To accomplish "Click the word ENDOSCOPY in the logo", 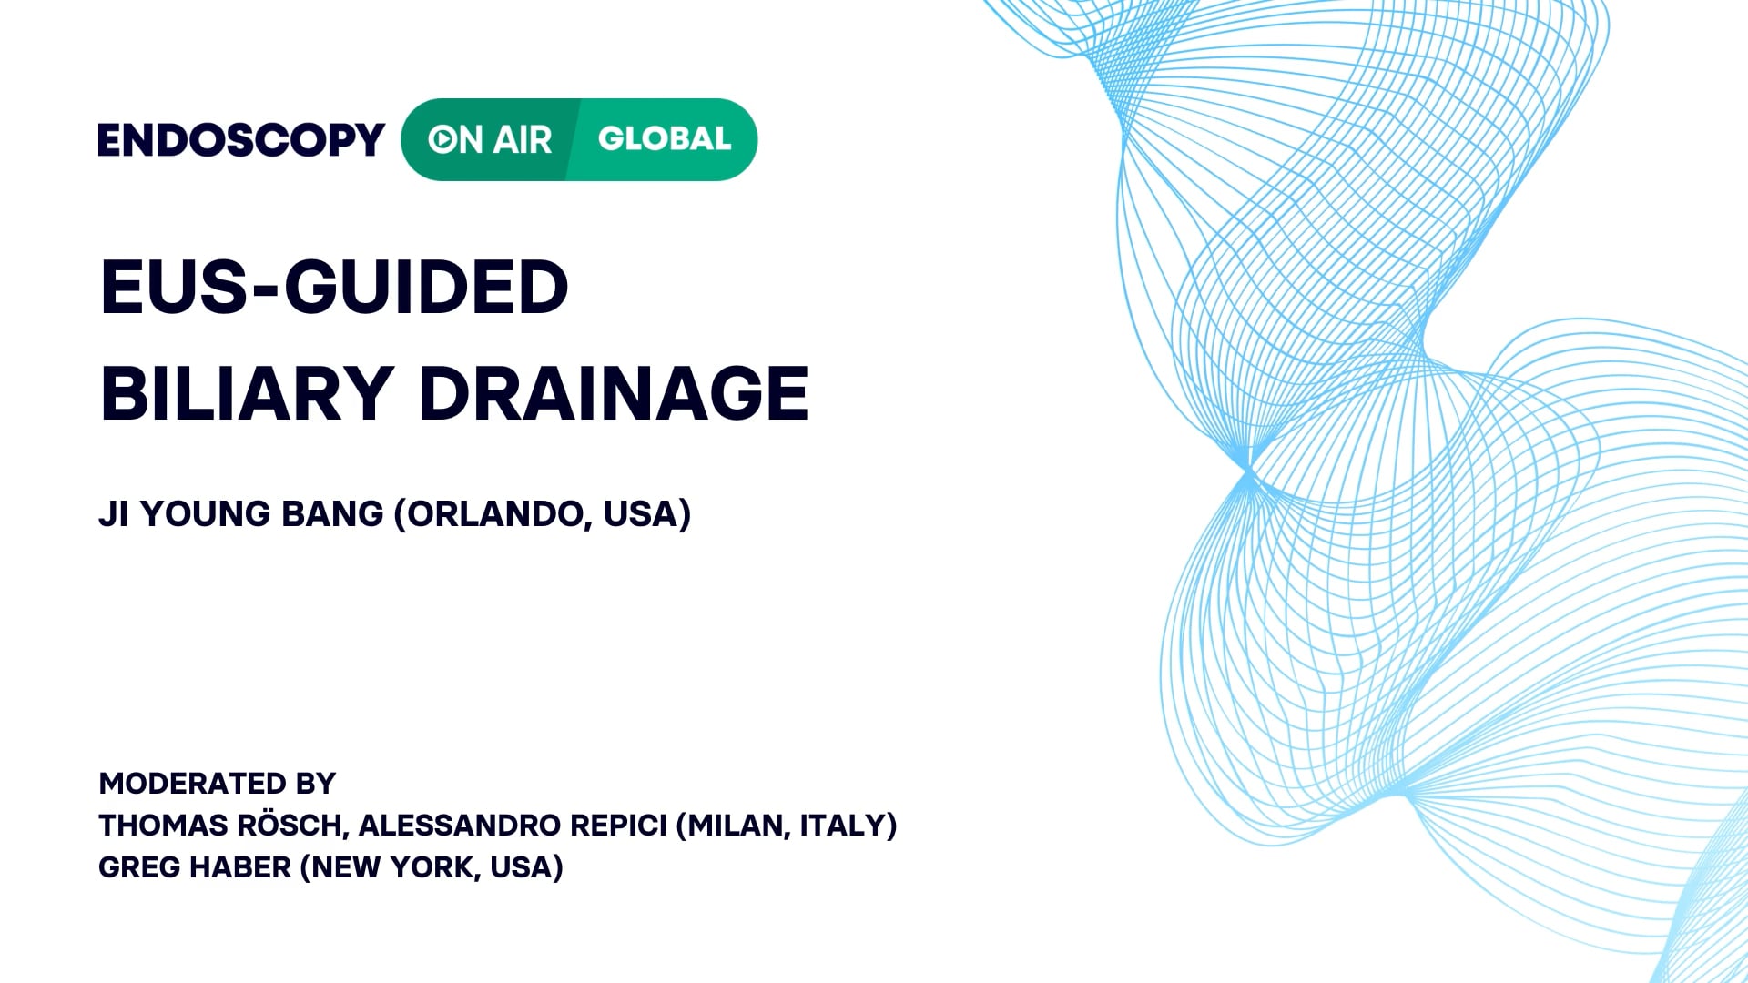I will [x=241, y=140].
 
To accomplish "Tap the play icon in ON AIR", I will [x=442, y=139].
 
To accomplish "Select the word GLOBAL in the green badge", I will [x=665, y=139].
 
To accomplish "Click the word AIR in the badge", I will [x=523, y=140].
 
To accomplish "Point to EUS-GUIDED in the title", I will [x=334, y=287].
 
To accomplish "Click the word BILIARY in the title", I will [x=247, y=393].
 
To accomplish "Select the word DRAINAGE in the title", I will [x=614, y=393].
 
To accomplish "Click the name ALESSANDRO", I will [x=460, y=826].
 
